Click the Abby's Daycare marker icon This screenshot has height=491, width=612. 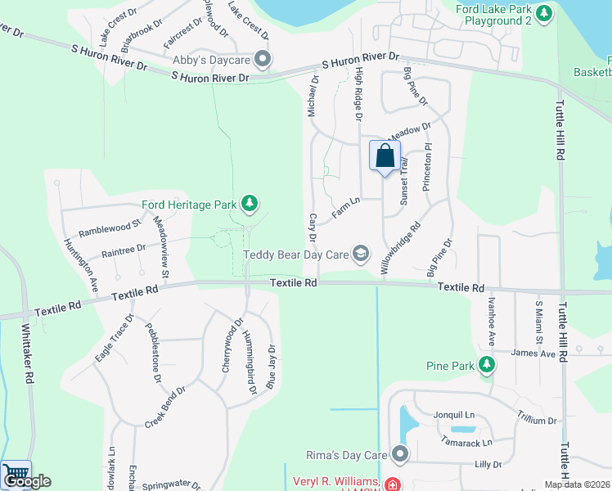263,59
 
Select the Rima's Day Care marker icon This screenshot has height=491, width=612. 400,453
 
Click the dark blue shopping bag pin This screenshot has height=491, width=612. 385,155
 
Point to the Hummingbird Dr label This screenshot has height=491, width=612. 246,356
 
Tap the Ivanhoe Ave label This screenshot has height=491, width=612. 492,321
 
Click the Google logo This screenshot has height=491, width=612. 27,481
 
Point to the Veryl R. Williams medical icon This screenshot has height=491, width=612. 393,484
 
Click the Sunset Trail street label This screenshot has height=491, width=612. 403,182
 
